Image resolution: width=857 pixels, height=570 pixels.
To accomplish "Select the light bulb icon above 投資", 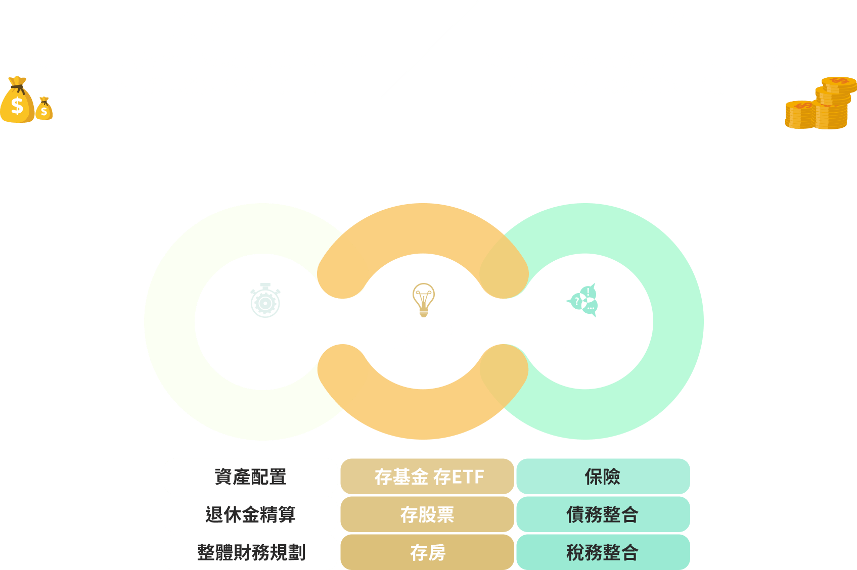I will click(x=423, y=300).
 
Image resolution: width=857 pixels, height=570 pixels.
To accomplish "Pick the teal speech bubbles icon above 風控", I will click(x=583, y=300).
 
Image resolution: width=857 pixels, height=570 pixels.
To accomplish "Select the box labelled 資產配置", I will click(x=250, y=477).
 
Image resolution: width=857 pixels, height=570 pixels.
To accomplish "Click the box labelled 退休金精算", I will click(x=250, y=514).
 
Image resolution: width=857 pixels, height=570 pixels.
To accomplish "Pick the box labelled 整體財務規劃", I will click(x=250, y=552).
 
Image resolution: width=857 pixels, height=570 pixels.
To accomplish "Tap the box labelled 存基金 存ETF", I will click(x=428, y=477).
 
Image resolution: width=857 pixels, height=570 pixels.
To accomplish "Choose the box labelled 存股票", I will click(x=428, y=514).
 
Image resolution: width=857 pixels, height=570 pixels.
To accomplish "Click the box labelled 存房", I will click(x=428, y=552).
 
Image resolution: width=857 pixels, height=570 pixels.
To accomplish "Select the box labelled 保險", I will click(x=603, y=477).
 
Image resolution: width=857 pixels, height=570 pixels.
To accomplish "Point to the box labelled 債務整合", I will click(x=603, y=514).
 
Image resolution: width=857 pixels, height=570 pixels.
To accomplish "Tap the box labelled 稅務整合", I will click(x=603, y=552).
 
